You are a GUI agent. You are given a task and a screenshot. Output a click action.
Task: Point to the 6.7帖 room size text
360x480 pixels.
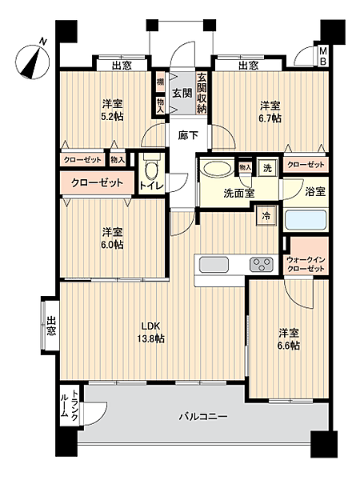270,119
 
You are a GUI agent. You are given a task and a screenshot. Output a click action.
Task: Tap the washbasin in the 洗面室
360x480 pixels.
215,171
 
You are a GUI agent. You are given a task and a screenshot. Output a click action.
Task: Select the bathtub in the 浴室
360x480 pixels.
307,218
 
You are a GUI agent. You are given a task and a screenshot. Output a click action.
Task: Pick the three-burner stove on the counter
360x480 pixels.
261,264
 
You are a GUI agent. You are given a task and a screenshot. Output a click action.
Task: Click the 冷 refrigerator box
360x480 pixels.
264,215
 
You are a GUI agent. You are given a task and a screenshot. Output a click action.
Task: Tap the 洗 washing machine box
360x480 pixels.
270,169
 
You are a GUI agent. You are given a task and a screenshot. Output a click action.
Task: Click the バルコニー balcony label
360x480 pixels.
203,417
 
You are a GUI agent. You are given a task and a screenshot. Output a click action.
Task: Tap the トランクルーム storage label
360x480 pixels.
69,405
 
